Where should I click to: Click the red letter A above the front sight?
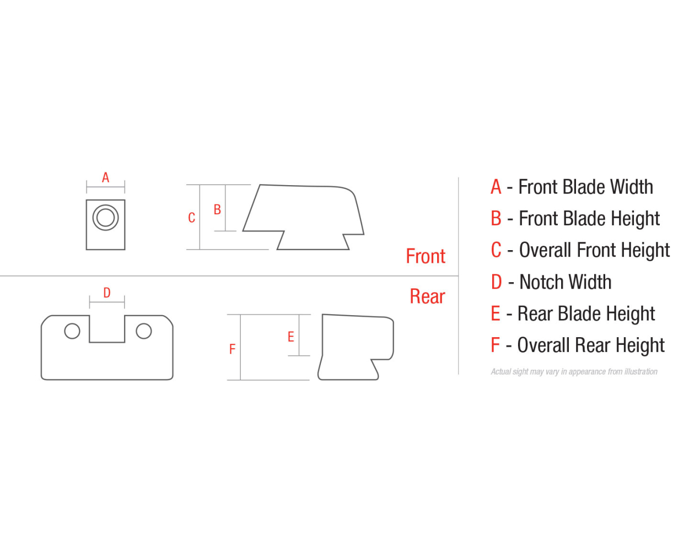pos(105,177)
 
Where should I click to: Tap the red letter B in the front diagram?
pos(217,210)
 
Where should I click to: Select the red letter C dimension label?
pos(191,218)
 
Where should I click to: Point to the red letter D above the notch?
pos(107,293)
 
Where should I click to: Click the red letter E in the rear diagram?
pos(290,337)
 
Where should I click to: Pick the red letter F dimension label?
pos(232,349)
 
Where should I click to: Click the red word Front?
pos(426,256)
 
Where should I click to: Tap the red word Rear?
pos(427,296)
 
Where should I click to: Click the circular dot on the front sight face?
pos(105,217)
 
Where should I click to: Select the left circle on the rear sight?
pos(72,331)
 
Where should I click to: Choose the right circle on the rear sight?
pos(144,331)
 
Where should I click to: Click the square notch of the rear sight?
pos(107,328)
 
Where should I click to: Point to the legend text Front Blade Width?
pos(585,187)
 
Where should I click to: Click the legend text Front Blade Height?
pos(589,219)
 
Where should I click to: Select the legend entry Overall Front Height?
pos(594,250)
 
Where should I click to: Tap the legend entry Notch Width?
pos(565,282)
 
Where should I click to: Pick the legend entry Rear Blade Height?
pos(586,314)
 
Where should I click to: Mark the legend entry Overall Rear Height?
pos(591,345)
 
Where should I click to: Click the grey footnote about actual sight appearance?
pos(574,372)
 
